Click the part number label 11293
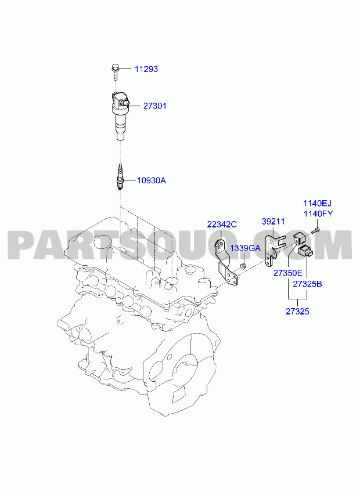tap(146, 69)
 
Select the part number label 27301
tap(155, 106)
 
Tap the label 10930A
tap(152, 181)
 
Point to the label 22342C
tap(222, 225)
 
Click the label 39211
tap(273, 222)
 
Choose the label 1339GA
tap(246, 248)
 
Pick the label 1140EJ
tap(317, 203)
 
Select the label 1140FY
tap(318, 214)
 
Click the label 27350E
tap(288, 273)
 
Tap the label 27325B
tap(307, 284)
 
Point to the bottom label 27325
tap(297, 312)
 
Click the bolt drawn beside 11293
tap(116, 71)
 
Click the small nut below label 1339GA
tap(243, 266)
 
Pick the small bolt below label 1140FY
tap(315, 230)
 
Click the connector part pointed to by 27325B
tap(305, 251)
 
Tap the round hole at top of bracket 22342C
tap(222, 245)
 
